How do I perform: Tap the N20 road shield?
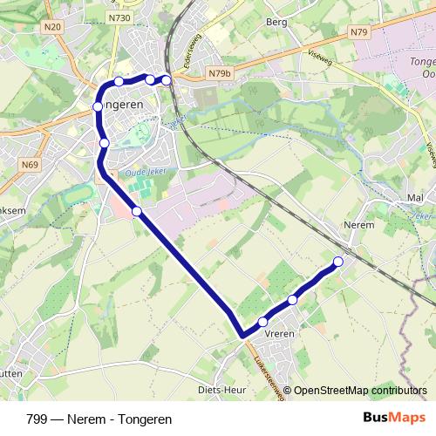55,27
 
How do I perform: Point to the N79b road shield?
218,74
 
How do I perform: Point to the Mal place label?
415,199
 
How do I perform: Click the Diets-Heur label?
220,389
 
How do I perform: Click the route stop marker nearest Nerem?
338,262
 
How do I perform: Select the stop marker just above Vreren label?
262,323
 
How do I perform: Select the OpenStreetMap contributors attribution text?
360,391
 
